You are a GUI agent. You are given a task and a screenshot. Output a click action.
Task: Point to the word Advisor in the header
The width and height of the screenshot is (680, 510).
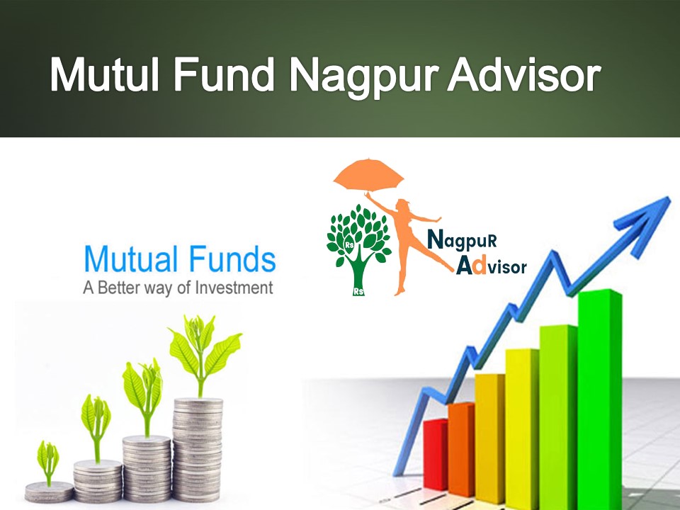pyautogui.click(x=523, y=74)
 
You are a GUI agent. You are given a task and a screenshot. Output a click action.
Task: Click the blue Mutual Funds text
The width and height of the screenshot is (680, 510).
pyautogui.click(x=179, y=260)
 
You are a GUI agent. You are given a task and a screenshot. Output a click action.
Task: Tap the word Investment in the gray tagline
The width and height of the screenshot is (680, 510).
pyautogui.click(x=229, y=288)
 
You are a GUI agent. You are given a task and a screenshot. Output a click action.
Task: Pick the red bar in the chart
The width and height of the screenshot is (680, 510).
pyautogui.click(x=435, y=453)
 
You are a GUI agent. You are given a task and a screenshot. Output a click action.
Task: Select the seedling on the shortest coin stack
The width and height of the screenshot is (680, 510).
pyautogui.click(x=48, y=460)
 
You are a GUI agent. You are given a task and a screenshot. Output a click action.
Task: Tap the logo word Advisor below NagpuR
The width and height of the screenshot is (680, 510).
pyautogui.click(x=492, y=267)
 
